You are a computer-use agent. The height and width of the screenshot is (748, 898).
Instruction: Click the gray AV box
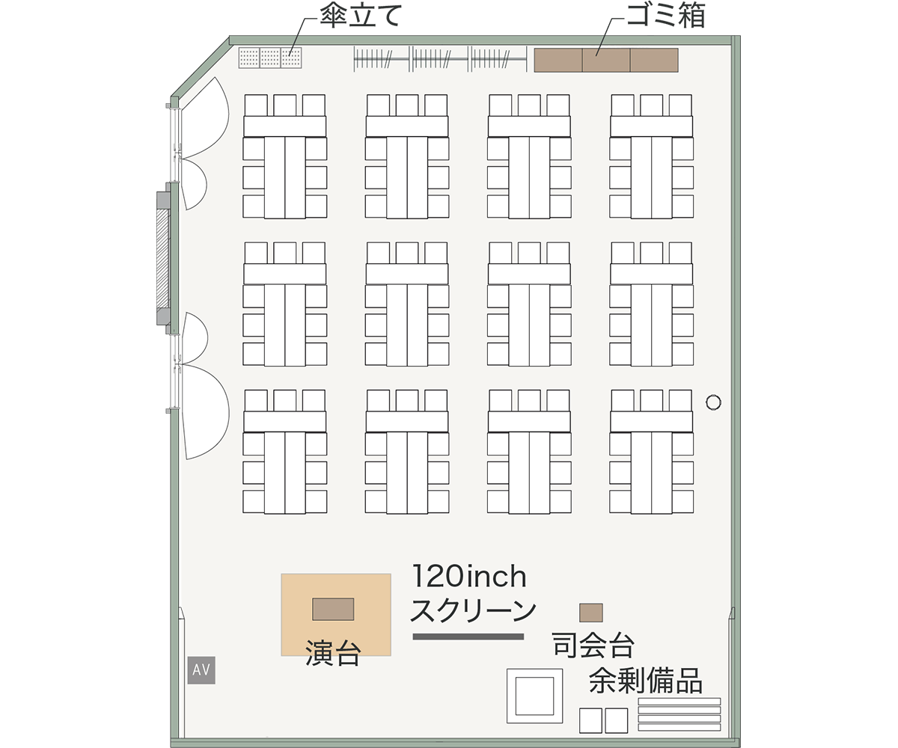(x=201, y=669)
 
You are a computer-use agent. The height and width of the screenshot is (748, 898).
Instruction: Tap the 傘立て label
(x=361, y=16)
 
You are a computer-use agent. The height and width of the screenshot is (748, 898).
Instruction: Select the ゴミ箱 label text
(x=665, y=16)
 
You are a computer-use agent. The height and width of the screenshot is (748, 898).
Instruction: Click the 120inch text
(x=469, y=576)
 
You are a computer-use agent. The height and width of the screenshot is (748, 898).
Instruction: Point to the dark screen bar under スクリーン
(x=468, y=637)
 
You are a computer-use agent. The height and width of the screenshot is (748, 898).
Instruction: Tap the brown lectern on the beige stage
(x=333, y=609)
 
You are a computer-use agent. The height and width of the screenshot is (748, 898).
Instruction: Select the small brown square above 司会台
(x=591, y=613)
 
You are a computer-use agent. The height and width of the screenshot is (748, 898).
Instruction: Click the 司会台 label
(x=593, y=646)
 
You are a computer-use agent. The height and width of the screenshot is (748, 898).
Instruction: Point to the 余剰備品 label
(x=646, y=681)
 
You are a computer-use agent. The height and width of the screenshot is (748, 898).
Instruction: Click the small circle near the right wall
(x=713, y=402)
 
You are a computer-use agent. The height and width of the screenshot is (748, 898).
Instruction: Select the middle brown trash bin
(x=606, y=60)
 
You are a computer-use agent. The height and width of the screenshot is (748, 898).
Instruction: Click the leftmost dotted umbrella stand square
(x=249, y=58)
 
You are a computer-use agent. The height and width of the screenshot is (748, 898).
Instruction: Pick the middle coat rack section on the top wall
(x=439, y=59)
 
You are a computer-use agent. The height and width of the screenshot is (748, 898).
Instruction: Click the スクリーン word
(x=473, y=610)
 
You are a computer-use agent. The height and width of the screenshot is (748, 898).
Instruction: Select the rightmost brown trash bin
(x=654, y=60)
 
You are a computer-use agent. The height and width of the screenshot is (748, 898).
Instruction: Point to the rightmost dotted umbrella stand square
(x=291, y=58)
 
